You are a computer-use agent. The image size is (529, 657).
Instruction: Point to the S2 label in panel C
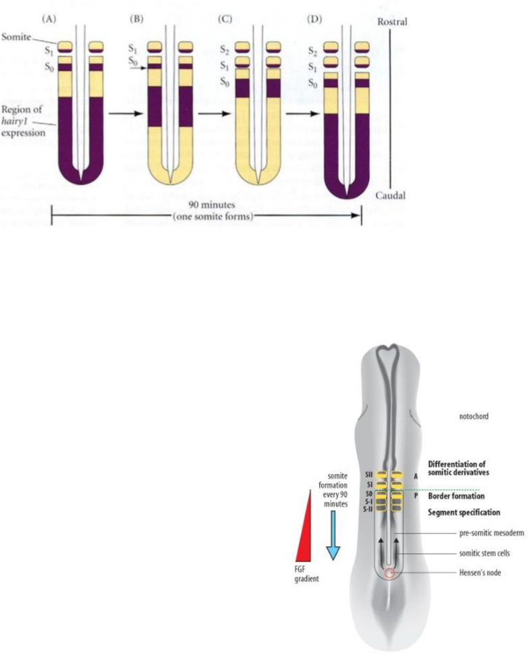227,49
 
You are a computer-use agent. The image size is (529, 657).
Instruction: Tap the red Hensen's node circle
389,573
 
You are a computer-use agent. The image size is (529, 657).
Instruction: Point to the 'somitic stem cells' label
458,553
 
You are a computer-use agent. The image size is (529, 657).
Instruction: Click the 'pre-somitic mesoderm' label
462,533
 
